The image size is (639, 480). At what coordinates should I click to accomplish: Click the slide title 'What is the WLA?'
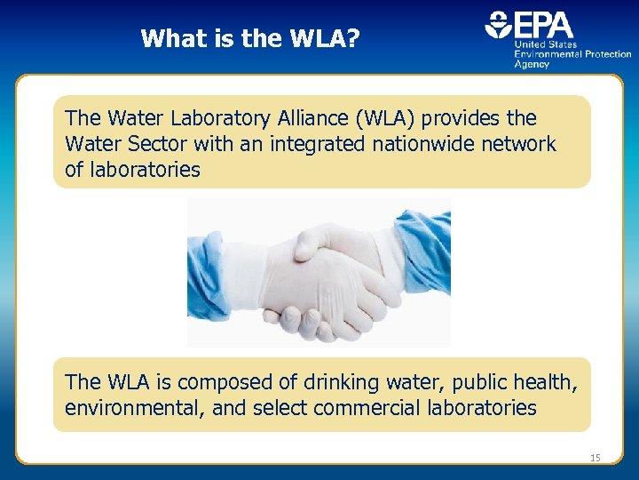point(250,38)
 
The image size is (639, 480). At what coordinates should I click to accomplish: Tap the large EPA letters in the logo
point(543,24)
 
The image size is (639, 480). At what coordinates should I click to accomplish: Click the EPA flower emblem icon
point(498,24)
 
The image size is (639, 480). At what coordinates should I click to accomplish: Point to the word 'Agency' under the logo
point(532,65)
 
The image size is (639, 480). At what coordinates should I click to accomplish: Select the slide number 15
point(595,458)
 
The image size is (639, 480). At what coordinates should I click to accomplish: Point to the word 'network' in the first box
point(519,144)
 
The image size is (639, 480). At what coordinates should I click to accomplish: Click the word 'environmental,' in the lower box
point(129,409)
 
